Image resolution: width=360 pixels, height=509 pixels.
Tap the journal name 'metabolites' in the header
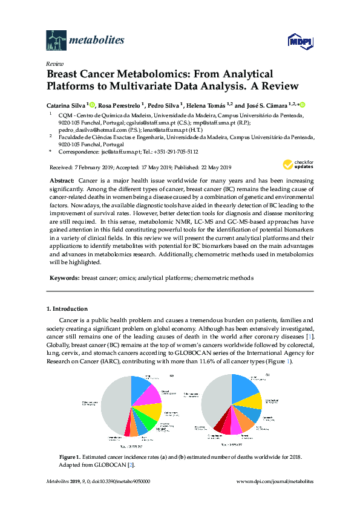tap(97, 41)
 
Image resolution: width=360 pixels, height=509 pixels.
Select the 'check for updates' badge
tap(297, 165)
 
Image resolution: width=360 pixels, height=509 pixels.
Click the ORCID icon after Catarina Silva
tap(92, 104)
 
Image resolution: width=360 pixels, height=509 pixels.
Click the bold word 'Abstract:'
tap(62, 181)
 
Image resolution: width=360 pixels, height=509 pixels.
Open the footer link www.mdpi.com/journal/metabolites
tap(275, 481)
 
